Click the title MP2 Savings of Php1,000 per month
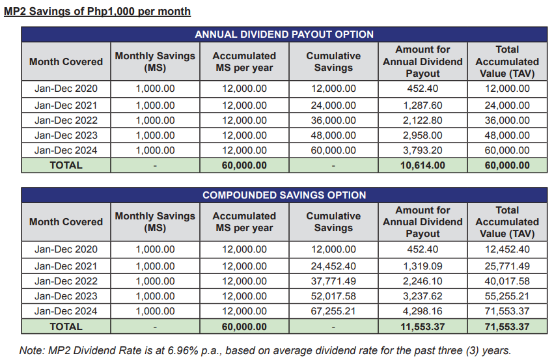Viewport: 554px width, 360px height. (x=97, y=11)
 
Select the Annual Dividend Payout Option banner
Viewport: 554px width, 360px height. (x=284, y=35)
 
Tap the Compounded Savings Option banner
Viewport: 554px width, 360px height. (x=284, y=195)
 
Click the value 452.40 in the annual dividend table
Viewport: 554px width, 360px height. (x=422, y=89)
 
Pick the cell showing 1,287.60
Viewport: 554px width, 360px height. (x=422, y=105)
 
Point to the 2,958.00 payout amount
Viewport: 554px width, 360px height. (x=422, y=135)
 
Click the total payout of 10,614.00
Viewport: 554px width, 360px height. (x=422, y=165)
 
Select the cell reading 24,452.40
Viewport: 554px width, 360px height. (x=333, y=266)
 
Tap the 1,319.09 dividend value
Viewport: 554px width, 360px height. (x=422, y=266)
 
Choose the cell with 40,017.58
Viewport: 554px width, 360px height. (x=507, y=281)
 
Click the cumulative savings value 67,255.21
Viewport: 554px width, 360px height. (x=333, y=311)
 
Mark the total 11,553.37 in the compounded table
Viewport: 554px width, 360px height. (x=422, y=327)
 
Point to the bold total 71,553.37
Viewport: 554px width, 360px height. (x=507, y=327)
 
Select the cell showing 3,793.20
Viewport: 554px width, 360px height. (x=422, y=150)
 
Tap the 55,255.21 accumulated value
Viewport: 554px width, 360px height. (x=507, y=296)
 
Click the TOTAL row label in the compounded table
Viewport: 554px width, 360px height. (x=66, y=327)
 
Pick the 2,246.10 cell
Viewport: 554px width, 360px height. (x=422, y=281)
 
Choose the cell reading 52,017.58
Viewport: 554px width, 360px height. (x=333, y=296)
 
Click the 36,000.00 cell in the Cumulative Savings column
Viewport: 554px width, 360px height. (x=333, y=120)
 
